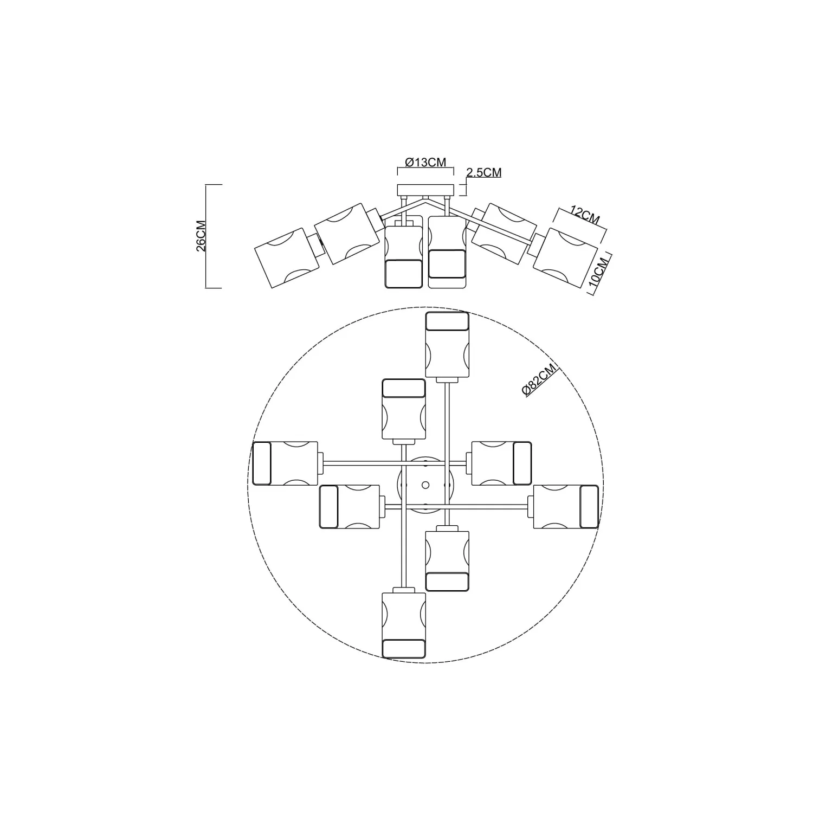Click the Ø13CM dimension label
[425, 162]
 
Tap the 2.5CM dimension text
[484, 172]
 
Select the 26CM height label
[200, 236]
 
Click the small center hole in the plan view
[425, 484]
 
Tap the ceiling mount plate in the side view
[425, 190]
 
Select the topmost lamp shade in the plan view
[447, 344]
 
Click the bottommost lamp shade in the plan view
[404, 625]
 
